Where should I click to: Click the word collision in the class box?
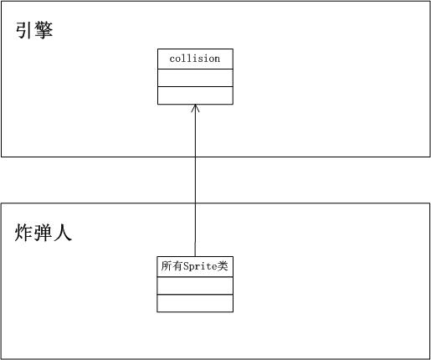point(195,59)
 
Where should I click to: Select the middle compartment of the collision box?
point(195,78)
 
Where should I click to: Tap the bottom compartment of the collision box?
point(195,95)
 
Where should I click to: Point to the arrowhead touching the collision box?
point(195,108)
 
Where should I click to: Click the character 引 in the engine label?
point(23,30)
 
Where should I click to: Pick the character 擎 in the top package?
point(44,30)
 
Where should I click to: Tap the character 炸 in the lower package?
point(23,233)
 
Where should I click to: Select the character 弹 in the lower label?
point(43,233)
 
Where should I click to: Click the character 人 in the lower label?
point(63,233)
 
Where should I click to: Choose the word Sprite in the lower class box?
point(200,266)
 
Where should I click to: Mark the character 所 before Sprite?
point(167,266)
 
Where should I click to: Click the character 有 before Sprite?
point(177,266)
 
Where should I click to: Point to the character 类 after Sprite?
point(223,266)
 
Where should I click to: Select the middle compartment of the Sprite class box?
point(195,285)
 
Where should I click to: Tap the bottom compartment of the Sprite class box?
point(195,303)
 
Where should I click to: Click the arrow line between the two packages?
point(195,181)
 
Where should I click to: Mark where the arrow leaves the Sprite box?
point(195,257)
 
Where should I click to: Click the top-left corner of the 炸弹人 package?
point(2,203)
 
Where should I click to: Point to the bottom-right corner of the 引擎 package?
point(430,157)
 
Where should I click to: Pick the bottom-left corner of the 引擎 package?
point(2,157)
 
